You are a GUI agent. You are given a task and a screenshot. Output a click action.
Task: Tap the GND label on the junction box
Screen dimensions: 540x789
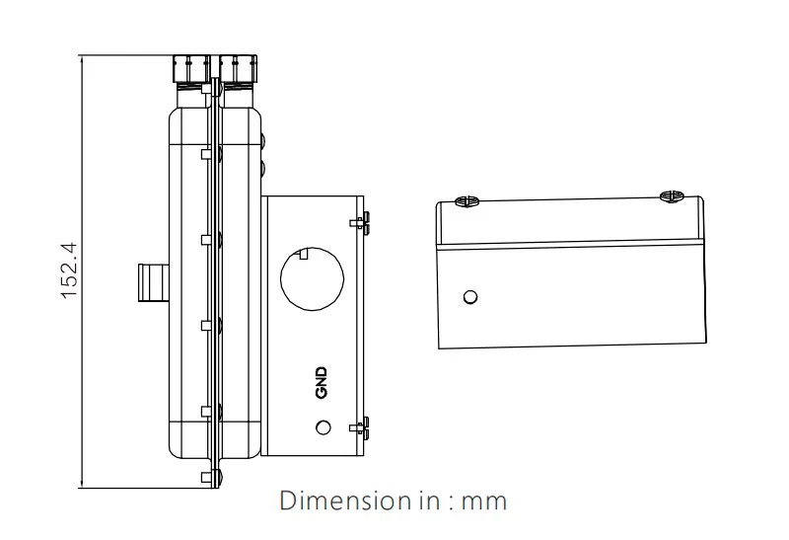coord(321,383)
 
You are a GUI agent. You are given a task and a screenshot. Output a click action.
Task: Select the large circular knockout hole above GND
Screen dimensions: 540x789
coord(311,277)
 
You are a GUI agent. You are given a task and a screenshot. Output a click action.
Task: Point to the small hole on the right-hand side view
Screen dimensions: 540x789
coord(470,296)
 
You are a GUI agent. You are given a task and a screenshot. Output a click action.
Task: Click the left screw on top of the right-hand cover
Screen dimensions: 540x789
coord(464,200)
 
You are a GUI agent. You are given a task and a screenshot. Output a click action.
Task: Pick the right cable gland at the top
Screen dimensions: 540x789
coord(240,68)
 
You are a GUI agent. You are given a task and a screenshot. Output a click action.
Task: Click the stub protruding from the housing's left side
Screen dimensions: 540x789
coord(151,281)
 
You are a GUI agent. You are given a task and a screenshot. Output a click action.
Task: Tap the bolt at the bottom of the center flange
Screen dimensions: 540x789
coord(215,478)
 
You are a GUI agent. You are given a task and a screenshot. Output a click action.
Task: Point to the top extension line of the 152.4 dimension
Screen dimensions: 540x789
coord(128,56)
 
